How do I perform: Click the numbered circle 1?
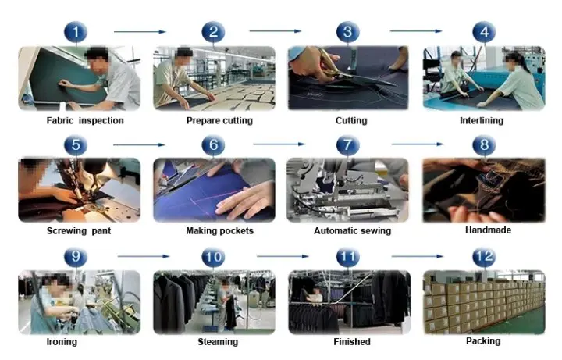[76, 32]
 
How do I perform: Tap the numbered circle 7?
[348, 145]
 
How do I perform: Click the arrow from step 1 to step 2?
[140, 32]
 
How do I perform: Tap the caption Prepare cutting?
[214, 121]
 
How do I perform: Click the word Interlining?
[482, 121]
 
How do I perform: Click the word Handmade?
[486, 231]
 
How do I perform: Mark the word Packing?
[485, 341]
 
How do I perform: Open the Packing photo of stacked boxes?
[483, 302]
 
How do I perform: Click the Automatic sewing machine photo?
[347, 191]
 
